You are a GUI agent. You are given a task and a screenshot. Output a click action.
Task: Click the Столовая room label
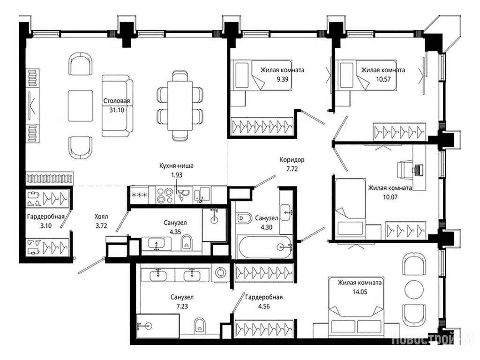pos(116,101)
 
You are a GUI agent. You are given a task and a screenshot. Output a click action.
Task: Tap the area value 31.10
pos(117,110)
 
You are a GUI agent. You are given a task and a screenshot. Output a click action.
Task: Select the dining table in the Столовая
pos(180,105)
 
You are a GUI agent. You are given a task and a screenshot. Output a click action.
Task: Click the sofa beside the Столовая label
pos(117,105)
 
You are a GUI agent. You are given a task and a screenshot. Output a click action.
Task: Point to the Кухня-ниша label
pos(176,165)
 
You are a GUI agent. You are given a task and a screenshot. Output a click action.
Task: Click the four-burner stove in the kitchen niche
pos(165,195)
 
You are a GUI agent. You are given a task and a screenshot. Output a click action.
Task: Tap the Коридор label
pos(292,159)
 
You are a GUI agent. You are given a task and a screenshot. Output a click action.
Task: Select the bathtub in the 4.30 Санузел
pos(265,247)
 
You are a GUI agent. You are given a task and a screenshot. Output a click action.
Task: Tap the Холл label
pos(101,217)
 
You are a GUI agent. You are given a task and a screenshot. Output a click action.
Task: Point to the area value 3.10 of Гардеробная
pos(46,226)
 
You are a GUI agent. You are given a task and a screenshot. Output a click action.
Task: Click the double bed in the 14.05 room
pos(356,306)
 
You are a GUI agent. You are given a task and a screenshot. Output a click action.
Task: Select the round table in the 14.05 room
pos(414,289)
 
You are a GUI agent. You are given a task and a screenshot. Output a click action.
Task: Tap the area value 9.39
pos(282,79)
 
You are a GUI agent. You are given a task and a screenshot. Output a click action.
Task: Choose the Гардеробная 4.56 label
pos(263,301)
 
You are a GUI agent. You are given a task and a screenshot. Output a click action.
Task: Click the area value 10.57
pos(383,79)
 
